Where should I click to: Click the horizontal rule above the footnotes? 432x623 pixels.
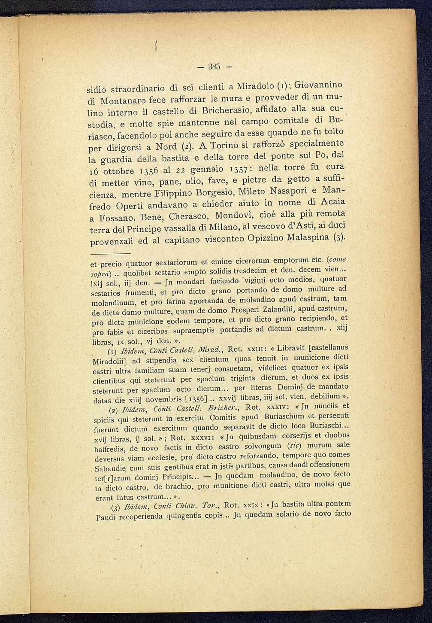pos(110,254)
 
